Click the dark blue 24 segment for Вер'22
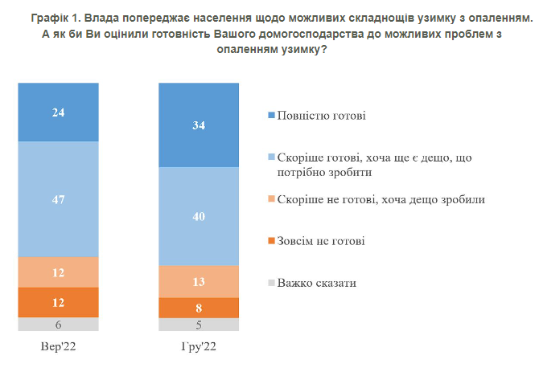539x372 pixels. [x=59, y=112]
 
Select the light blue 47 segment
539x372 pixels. [x=59, y=198]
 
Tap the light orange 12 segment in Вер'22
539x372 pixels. [x=59, y=272]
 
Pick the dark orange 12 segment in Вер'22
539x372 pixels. [x=59, y=302]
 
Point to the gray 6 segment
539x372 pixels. [x=59, y=324]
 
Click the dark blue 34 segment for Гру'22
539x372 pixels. [x=199, y=125]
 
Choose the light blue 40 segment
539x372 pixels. [x=199, y=216]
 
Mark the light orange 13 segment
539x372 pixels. [x=199, y=280]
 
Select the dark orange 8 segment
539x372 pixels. [x=199, y=308]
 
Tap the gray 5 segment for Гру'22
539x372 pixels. [x=199, y=325]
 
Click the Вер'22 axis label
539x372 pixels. [x=59, y=347]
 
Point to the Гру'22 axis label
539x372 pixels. [x=199, y=347]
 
